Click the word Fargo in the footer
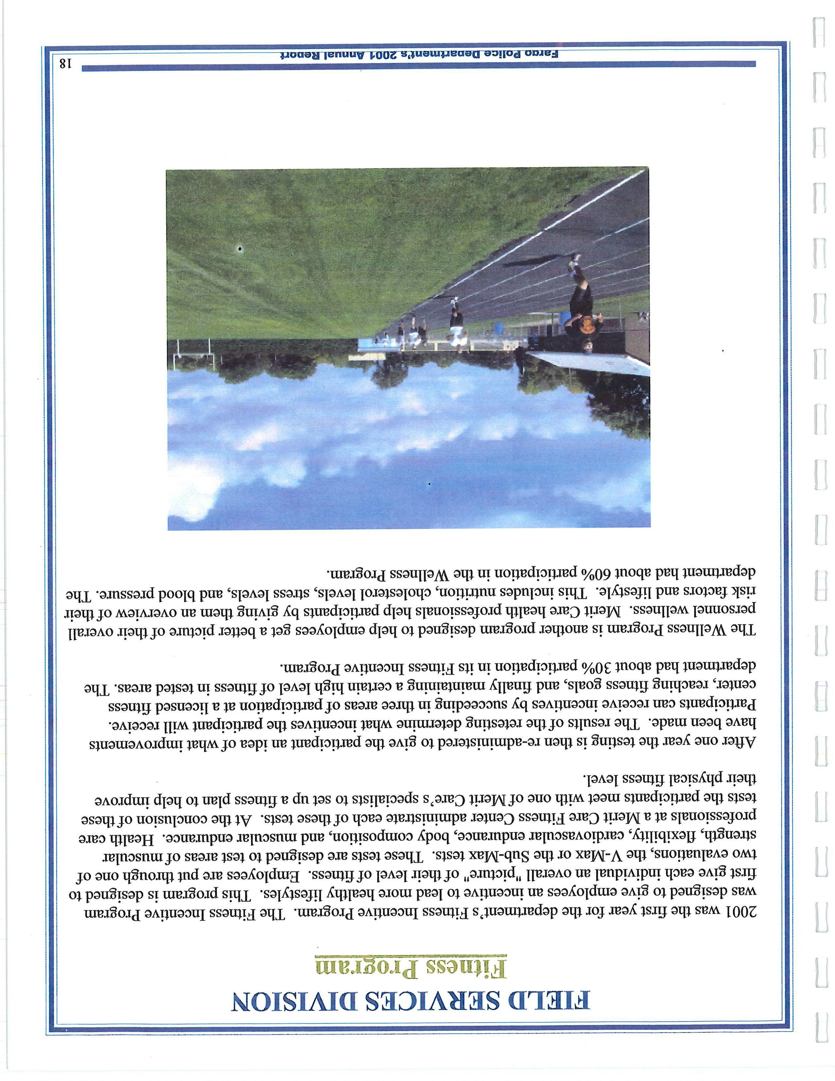coord(544,53)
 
